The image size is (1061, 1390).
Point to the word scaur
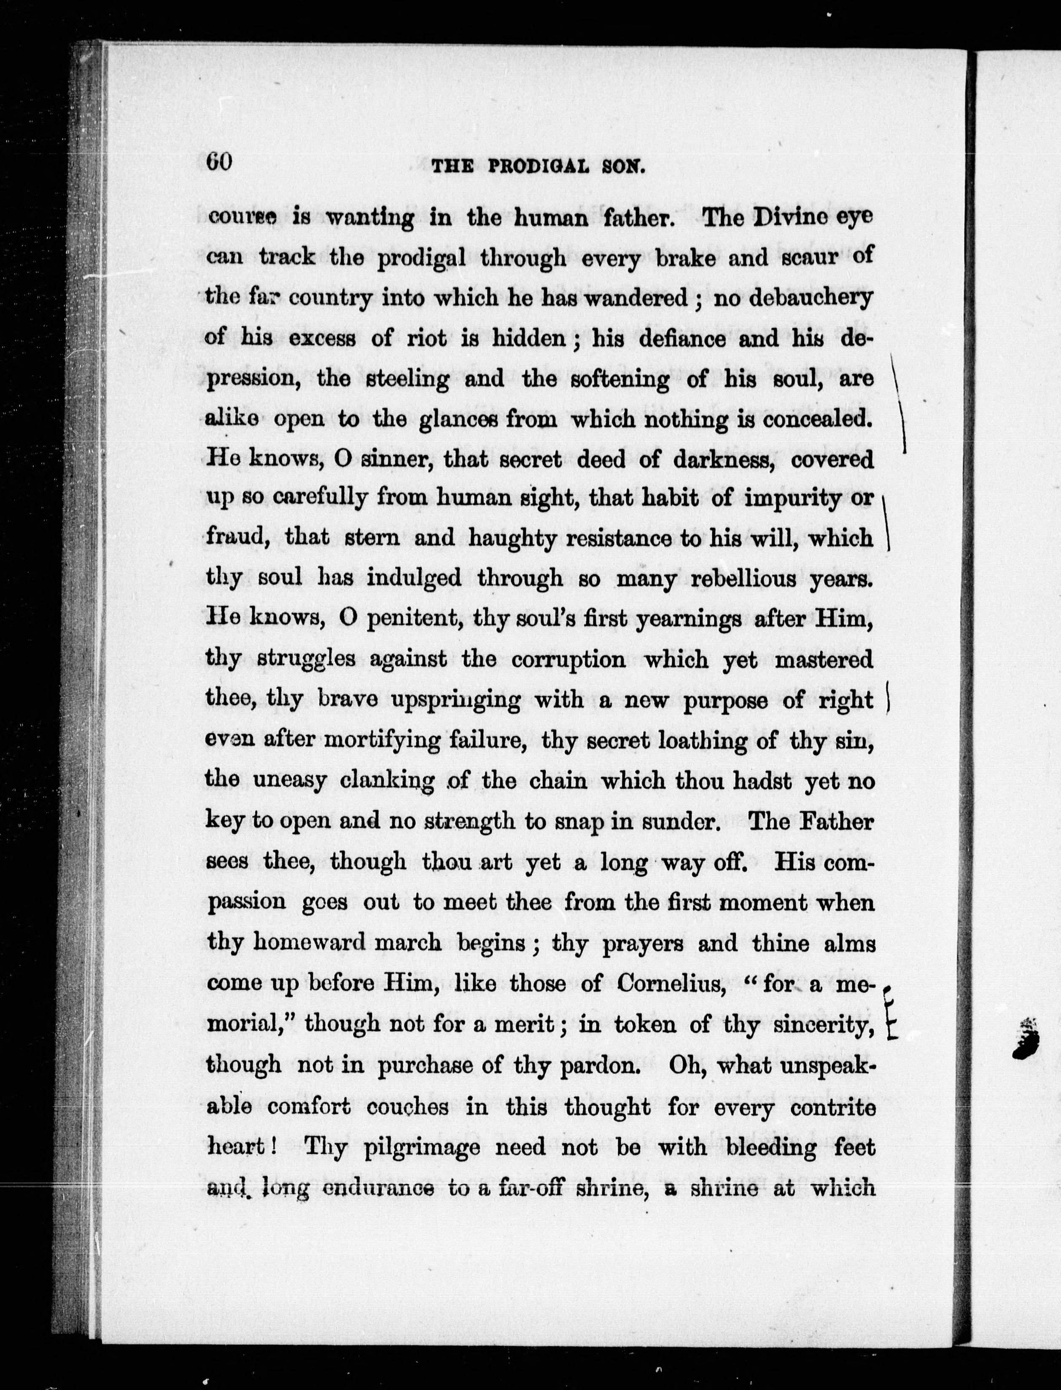pyautogui.click(x=800, y=258)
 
